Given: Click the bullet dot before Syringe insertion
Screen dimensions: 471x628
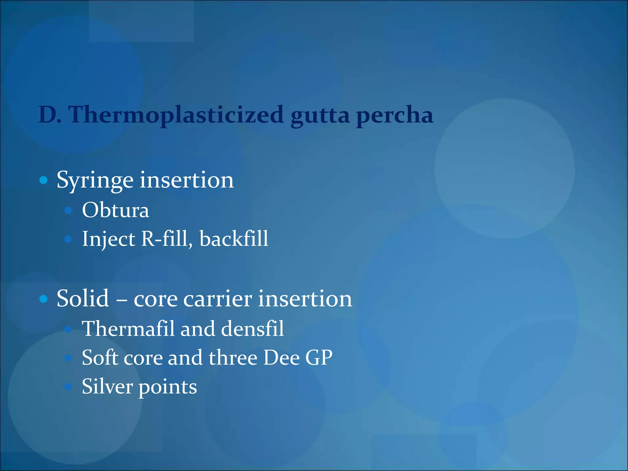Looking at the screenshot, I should click(x=44, y=180).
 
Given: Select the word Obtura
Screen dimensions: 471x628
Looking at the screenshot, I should click(x=116, y=210).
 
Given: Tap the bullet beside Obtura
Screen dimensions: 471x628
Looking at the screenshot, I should click(x=68, y=210).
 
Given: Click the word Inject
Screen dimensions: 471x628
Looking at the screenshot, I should click(x=109, y=239).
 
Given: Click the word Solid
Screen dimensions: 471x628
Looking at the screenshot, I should click(x=83, y=298).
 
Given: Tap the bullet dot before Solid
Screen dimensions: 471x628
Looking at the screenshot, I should click(x=44, y=299).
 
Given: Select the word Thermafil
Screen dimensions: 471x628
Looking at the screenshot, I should click(x=128, y=329).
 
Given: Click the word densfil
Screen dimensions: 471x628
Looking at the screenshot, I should click(x=252, y=329).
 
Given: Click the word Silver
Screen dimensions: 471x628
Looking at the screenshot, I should click(x=107, y=386).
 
